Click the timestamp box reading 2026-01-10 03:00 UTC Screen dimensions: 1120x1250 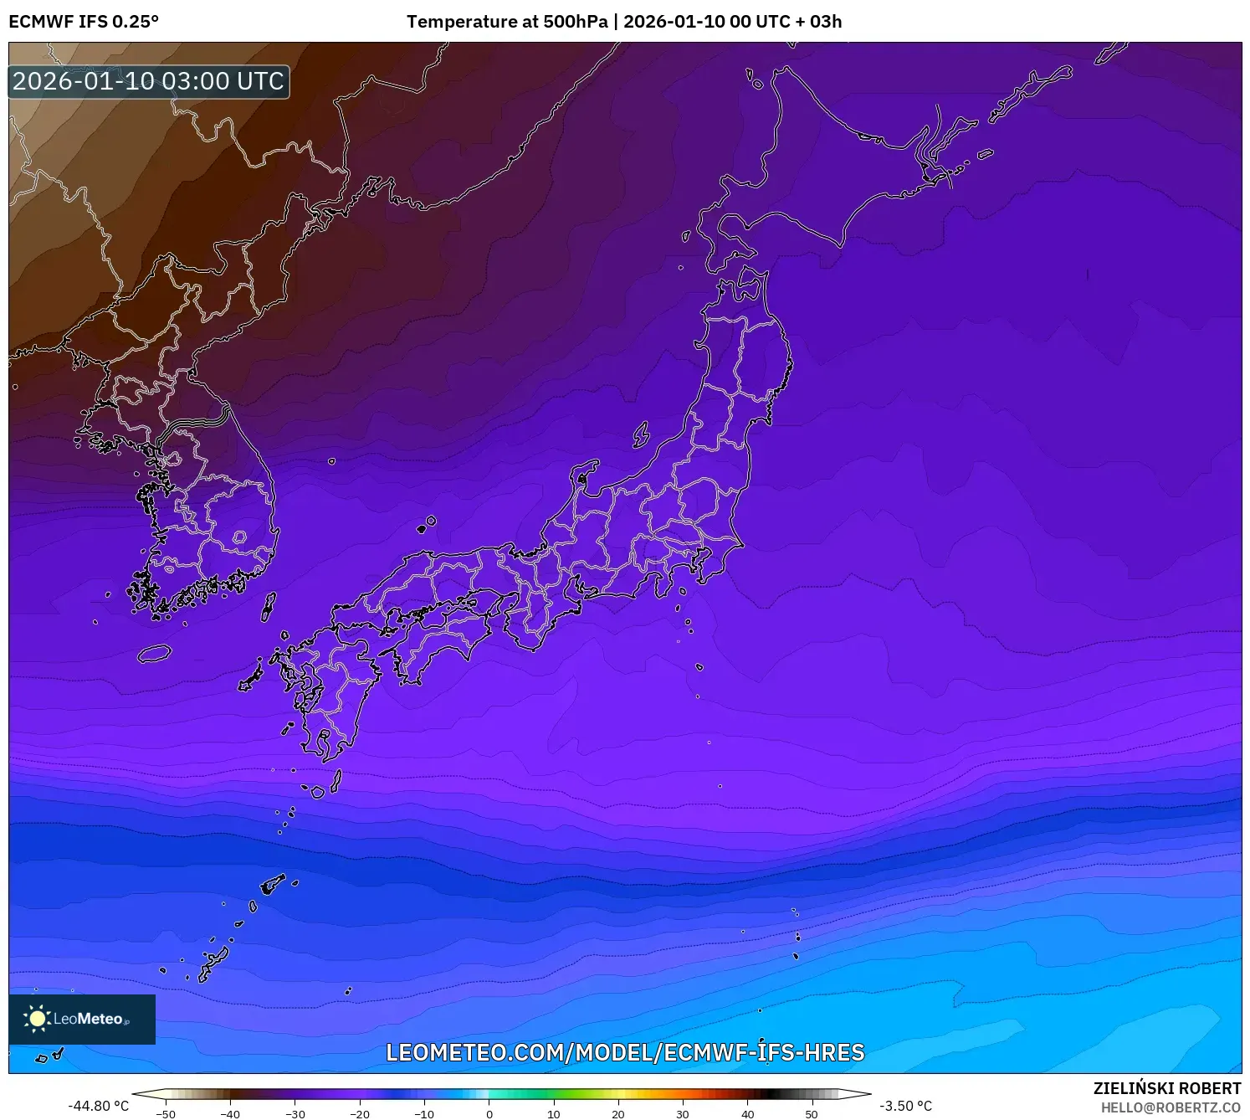pos(149,81)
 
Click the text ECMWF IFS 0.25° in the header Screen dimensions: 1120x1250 pos(84,22)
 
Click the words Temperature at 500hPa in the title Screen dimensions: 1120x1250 pos(507,22)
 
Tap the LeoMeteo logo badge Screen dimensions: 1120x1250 pos(82,1019)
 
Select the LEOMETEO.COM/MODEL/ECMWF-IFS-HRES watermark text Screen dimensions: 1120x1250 pos(625,1052)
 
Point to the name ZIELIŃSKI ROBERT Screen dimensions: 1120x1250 pos(1167,1088)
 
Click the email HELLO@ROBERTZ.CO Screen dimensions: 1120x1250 pos(1171,1107)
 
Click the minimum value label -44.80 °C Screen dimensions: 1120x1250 pos(99,1106)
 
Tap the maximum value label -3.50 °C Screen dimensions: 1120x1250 pos(905,1106)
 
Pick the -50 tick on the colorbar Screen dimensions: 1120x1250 pos(166,1114)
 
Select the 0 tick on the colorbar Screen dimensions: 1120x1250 pos(489,1114)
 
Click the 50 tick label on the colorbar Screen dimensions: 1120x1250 pos(812,1114)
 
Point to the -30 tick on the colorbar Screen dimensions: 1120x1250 pos(295,1114)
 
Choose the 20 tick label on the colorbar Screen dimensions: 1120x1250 pos(618,1114)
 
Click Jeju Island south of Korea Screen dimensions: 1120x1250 pos(155,654)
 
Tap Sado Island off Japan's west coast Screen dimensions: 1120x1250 pos(641,435)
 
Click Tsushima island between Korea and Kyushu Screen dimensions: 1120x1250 pos(269,607)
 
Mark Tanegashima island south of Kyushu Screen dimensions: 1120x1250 pos(336,780)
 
